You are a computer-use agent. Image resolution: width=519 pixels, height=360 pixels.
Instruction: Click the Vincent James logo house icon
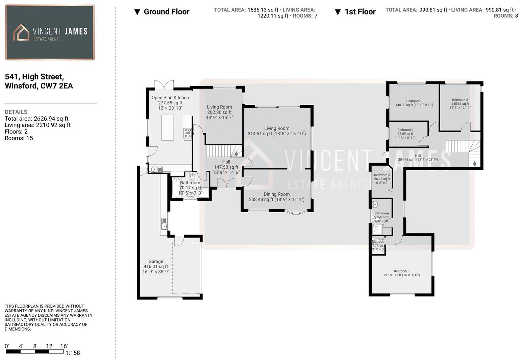pyautogui.click(x=21, y=32)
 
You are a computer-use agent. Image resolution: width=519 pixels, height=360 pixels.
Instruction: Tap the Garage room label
pyautogui.click(x=156, y=261)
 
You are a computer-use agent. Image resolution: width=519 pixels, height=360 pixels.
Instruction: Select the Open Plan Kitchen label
pyautogui.click(x=170, y=97)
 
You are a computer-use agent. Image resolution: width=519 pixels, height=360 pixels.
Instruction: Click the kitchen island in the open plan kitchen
pyautogui.click(x=168, y=127)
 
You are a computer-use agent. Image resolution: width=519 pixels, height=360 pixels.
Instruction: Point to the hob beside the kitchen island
pyautogui.click(x=188, y=133)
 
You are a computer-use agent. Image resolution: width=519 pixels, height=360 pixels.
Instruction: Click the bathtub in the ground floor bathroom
pyautogui.click(x=176, y=188)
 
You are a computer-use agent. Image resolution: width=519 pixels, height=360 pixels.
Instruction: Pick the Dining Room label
pyautogui.click(x=277, y=194)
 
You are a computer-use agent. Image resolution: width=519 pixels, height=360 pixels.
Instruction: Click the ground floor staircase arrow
pyautogui.click(x=236, y=154)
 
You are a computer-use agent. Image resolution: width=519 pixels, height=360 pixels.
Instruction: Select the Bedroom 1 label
pyautogui.click(x=401, y=271)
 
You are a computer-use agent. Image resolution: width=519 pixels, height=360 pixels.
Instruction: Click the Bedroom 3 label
pyautogui.click(x=460, y=100)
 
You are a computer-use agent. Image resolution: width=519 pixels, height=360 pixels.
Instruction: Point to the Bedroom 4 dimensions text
pyautogui.click(x=405, y=138)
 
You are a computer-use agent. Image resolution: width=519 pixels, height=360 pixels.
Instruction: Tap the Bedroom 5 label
pyautogui.click(x=382, y=175)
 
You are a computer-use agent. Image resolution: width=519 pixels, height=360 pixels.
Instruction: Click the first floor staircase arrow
pyautogui.click(x=474, y=164)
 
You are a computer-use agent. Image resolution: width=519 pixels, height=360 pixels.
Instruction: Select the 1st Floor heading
pyautogui.click(x=360, y=12)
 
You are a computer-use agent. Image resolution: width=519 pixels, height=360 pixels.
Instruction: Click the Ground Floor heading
pyautogui.click(x=166, y=12)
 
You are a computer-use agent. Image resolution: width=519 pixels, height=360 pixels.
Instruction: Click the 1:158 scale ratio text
pyautogui.click(x=72, y=353)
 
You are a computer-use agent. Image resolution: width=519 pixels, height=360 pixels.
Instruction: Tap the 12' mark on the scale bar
pyautogui.click(x=49, y=346)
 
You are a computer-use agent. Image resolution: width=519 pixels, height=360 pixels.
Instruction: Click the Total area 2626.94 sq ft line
pyautogui.click(x=36, y=119)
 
